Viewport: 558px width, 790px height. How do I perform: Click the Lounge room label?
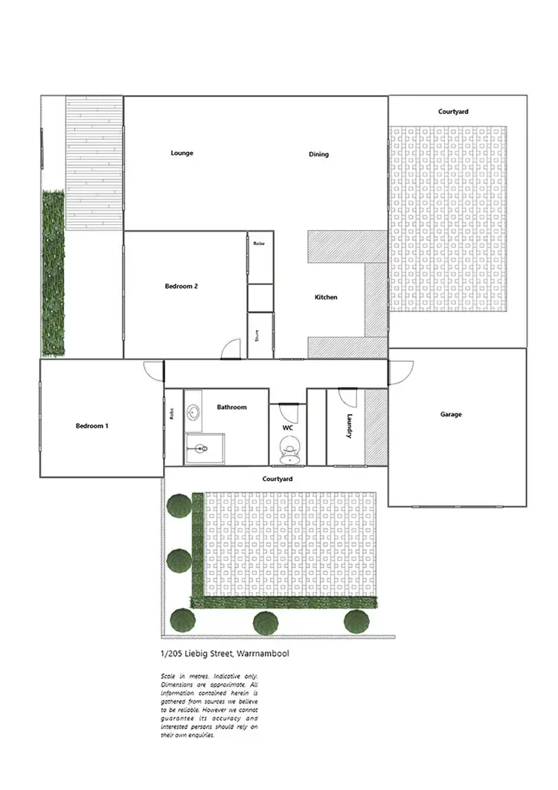(182, 153)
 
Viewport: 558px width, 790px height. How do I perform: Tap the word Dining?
(318, 155)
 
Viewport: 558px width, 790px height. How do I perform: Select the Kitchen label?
(326, 297)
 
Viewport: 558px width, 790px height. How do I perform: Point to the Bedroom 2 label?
(181, 286)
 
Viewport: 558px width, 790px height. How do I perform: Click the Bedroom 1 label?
(92, 426)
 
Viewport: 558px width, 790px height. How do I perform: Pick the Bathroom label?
(231, 407)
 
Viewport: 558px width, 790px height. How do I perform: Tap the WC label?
(287, 429)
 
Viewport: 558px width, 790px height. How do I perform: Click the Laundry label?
(349, 427)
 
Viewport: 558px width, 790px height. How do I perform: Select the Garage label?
(451, 414)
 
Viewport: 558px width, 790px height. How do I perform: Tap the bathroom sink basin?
(193, 411)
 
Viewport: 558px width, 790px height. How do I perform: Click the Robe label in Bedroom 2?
(259, 243)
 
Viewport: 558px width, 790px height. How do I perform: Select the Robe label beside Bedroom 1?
(171, 414)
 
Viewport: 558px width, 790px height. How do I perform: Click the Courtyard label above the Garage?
(453, 112)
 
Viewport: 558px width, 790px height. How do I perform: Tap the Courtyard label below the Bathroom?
(277, 479)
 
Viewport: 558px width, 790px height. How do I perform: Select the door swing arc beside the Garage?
(402, 369)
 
